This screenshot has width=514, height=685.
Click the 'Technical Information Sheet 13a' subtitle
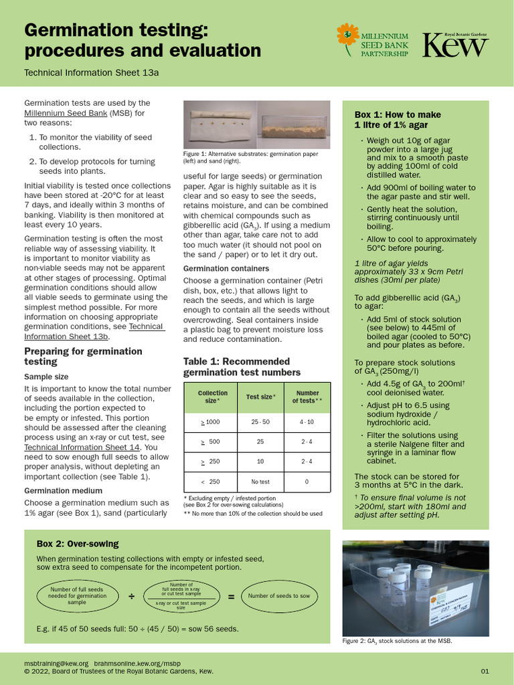point(92,73)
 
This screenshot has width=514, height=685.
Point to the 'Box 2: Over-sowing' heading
point(78,544)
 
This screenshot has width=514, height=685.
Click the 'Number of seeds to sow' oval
point(279,595)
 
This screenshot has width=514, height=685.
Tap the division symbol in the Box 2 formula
point(131,595)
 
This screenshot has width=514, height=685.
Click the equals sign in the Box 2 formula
point(231,596)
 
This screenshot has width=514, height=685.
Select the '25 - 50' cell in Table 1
point(260,422)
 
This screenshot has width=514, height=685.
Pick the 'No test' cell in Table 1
point(260,482)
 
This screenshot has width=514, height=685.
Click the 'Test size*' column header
point(260,397)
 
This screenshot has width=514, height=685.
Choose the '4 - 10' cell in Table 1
point(307,422)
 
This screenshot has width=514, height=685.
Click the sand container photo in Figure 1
point(294,124)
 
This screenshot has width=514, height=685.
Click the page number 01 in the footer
point(485,671)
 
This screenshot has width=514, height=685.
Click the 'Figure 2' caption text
point(397,641)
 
